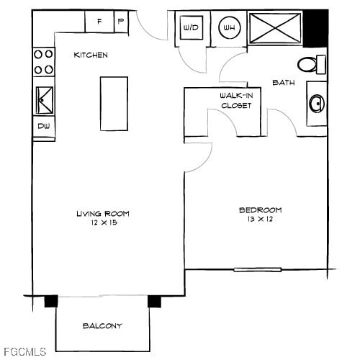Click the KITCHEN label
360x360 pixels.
[91, 55]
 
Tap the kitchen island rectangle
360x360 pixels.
[114, 103]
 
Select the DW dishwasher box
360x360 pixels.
[43, 127]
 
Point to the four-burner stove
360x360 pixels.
[44, 63]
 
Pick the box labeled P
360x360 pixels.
[120, 22]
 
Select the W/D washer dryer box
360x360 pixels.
[192, 28]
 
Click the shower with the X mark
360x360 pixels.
[275, 28]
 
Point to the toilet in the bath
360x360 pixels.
[311, 65]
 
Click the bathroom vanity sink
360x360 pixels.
[317, 104]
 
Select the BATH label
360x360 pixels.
[283, 83]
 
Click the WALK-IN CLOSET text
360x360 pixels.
[235, 100]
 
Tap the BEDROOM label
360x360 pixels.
[260, 210]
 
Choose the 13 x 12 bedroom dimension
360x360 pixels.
[260, 219]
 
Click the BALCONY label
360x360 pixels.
[102, 325]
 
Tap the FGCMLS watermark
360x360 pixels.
[24, 351]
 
